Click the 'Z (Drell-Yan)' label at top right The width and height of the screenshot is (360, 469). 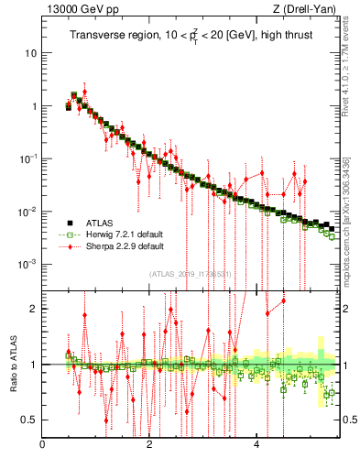(x=308, y=9)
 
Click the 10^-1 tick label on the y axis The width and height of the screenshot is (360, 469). (x=28, y=158)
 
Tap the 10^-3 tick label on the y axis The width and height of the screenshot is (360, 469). (x=28, y=264)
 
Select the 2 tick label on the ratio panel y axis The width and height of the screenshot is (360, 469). (x=35, y=309)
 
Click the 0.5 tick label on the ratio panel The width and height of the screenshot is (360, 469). (x=31, y=420)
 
